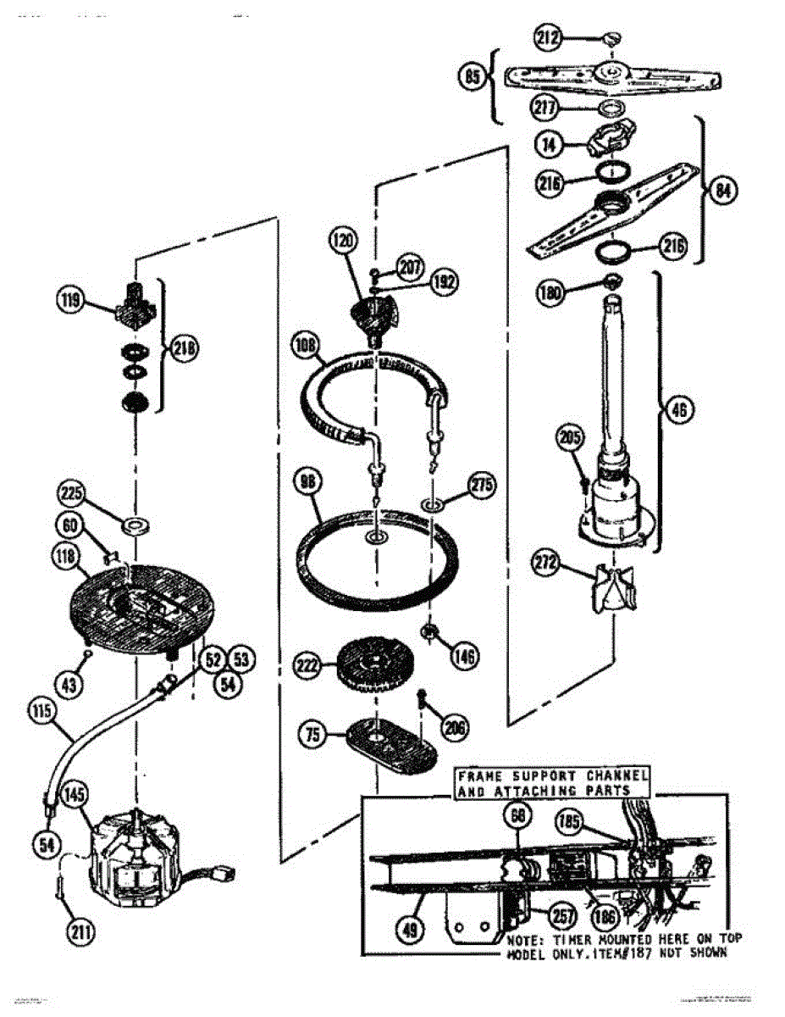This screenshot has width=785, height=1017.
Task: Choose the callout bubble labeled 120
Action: tap(343, 242)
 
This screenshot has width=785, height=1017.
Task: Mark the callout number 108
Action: tap(307, 345)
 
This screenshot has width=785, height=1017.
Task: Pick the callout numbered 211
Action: tap(82, 934)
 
